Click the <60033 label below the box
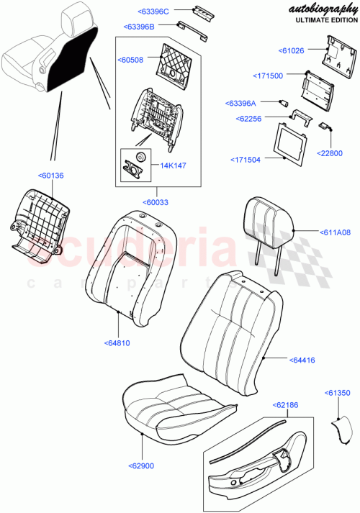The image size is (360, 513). coord(156,203)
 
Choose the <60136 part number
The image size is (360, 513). coord(50,175)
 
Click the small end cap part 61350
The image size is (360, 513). coord(344,429)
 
